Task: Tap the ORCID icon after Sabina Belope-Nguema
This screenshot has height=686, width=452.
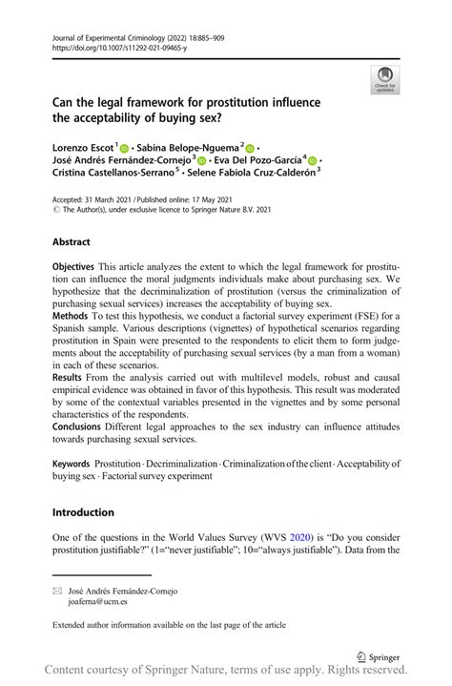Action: (252, 148)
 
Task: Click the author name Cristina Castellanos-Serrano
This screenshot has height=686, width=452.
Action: (113, 177)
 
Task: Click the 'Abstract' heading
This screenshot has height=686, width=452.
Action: (72, 243)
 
